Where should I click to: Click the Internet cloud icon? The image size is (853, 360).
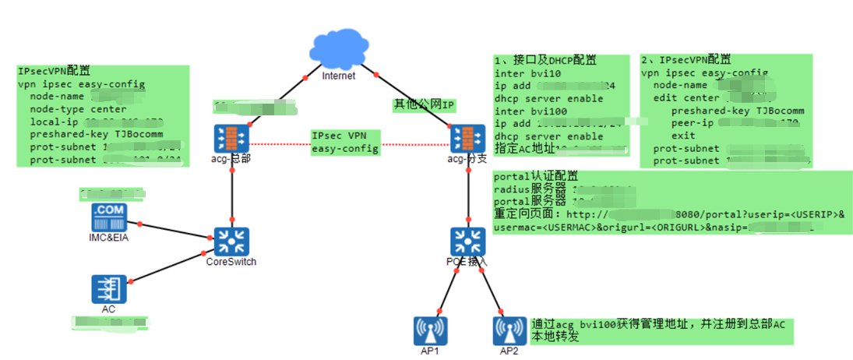[x=338, y=48]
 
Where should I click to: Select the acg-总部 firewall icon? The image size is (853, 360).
[x=231, y=138]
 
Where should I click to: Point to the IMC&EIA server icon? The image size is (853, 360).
[x=108, y=217]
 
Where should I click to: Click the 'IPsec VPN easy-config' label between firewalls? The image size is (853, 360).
[x=345, y=142]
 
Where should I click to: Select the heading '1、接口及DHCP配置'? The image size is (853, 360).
[x=545, y=60]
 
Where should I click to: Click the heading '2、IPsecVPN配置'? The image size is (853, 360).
[x=686, y=59]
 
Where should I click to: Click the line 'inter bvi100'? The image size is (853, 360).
[x=530, y=111]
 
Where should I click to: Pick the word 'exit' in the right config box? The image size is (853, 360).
[x=684, y=136]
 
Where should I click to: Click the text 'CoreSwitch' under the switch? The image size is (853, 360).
[x=231, y=262]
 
